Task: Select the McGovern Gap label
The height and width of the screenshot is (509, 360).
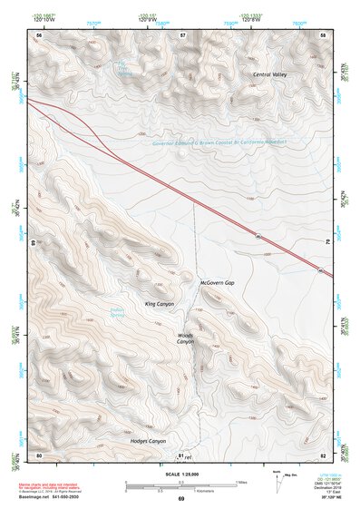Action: click(x=217, y=283)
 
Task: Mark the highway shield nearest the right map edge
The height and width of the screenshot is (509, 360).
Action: click(x=320, y=270)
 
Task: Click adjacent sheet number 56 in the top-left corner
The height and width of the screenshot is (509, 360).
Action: click(x=39, y=34)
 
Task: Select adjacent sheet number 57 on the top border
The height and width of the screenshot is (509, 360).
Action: click(x=182, y=34)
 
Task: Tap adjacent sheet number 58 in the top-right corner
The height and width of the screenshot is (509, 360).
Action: click(x=323, y=34)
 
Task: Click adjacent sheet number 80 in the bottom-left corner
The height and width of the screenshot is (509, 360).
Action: click(x=38, y=454)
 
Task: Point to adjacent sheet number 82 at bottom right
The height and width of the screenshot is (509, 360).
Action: click(x=323, y=454)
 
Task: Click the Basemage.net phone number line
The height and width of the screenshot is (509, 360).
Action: click(x=52, y=495)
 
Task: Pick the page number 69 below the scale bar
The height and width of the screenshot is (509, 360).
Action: click(x=180, y=500)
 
